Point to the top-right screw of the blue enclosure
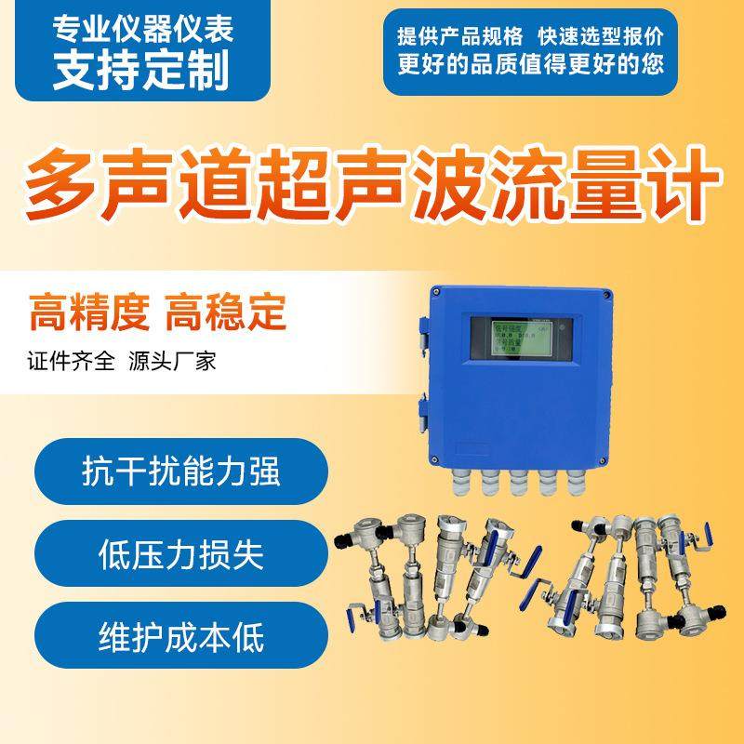(x=606, y=295)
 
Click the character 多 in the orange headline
(x=62, y=181)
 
